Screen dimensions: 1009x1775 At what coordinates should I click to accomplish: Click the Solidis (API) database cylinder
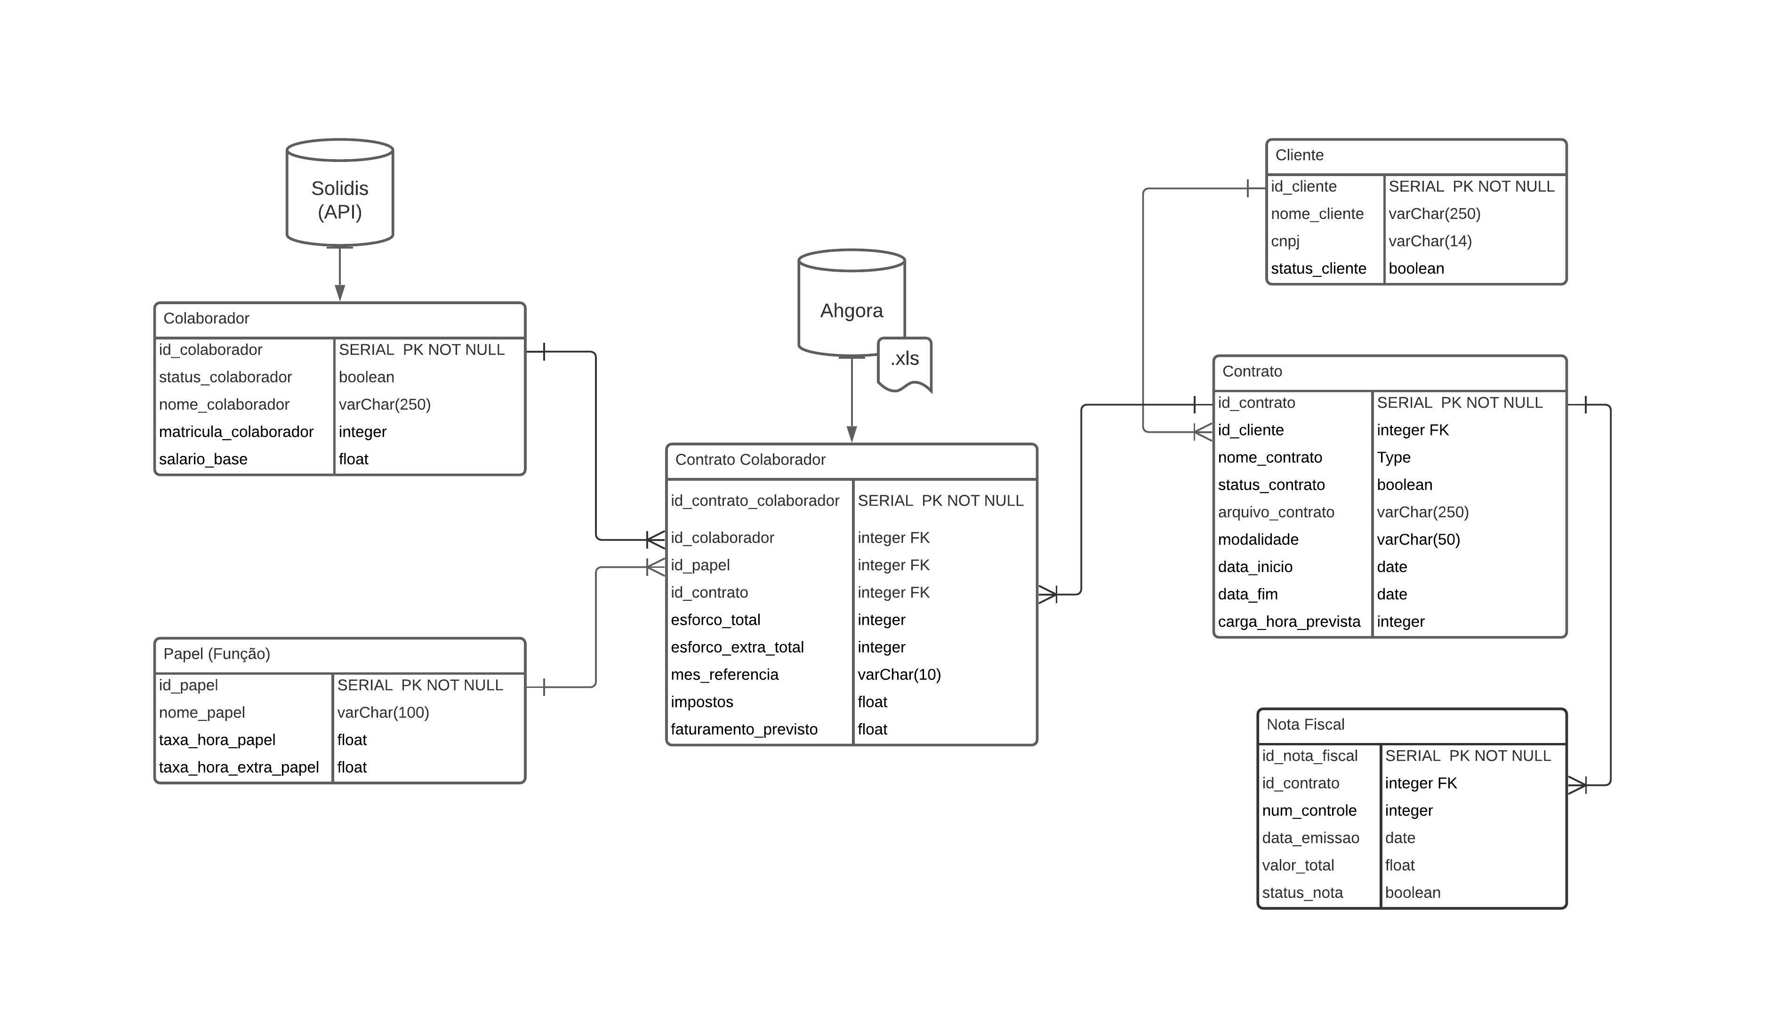click(339, 194)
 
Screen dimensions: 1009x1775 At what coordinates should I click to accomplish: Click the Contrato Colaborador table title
click(750, 460)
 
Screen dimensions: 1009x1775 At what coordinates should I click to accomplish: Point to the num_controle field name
click(1309, 811)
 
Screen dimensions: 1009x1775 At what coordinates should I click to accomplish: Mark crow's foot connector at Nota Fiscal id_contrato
click(1577, 786)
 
